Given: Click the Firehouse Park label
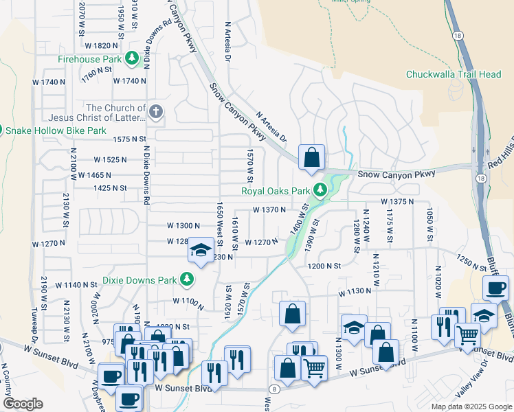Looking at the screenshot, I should pyautogui.click(x=90, y=60).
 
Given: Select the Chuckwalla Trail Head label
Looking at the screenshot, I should pyautogui.click(x=453, y=74).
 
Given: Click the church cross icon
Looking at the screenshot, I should pyautogui.click(x=156, y=111).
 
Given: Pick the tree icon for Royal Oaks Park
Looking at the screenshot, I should pyautogui.click(x=320, y=190).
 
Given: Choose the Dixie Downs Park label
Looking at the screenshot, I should pyautogui.click(x=139, y=280).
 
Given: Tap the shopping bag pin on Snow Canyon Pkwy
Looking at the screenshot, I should pyautogui.click(x=311, y=157).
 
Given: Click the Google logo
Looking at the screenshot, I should pyautogui.click(x=23, y=404).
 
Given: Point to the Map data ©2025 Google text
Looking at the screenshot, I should pyautogui.click(x=471, y=407).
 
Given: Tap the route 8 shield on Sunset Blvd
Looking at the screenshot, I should pyautogui.click(x=276, y=389).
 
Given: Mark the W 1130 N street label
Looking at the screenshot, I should pyautogui.click(x=355, y=291).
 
